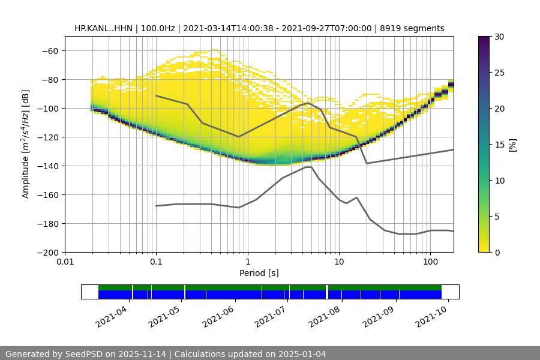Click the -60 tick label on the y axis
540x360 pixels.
tap(50, 51)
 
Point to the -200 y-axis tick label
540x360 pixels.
tap(47, 253)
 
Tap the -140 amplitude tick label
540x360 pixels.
tap(47, 166)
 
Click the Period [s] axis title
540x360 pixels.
tap(259, 274)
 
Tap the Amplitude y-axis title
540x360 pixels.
tap(26, 144)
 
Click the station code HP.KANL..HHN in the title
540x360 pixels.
tap(104, 28)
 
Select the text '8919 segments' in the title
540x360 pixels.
tap(412, 28)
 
